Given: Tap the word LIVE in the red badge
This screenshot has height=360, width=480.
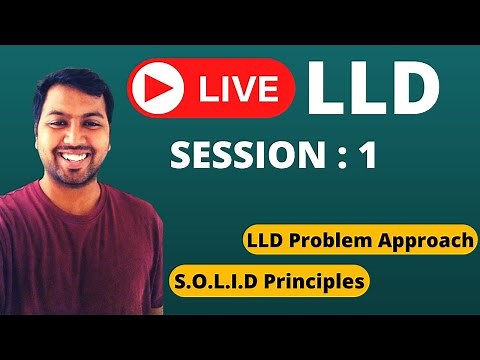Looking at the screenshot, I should tap(238, 88).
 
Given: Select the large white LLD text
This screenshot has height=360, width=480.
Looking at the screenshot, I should tap(372, 87).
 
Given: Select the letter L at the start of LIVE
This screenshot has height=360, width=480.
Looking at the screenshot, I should tap(205, 88).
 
